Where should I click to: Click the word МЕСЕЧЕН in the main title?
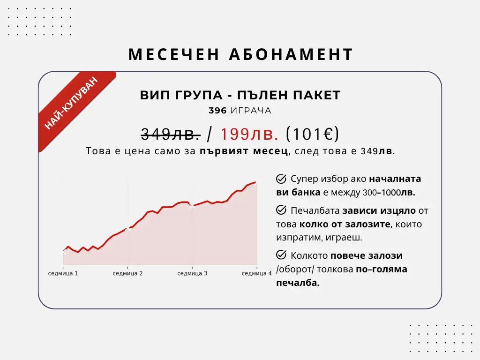point(174,54)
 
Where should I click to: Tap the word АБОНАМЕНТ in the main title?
point(291,54)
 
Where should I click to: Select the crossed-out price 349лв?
point(171,134)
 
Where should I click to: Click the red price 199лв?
point(249,134)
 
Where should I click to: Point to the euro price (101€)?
point(312,134)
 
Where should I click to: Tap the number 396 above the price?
point(217,111)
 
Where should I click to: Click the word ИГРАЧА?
point(251,111)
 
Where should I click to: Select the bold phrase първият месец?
point(244,151)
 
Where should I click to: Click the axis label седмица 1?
point(63,273)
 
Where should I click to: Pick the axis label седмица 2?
point(127,273)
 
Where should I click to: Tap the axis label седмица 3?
point(192,273)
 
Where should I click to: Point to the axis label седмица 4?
point(256,273)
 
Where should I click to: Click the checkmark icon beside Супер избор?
point(281,179)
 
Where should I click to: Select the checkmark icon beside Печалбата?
point(281,210)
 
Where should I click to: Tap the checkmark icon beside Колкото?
point(281,255)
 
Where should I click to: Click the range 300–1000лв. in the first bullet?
point(389,193)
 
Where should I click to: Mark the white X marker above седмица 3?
point(192,206)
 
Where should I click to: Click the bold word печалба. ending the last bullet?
point(298,283)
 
